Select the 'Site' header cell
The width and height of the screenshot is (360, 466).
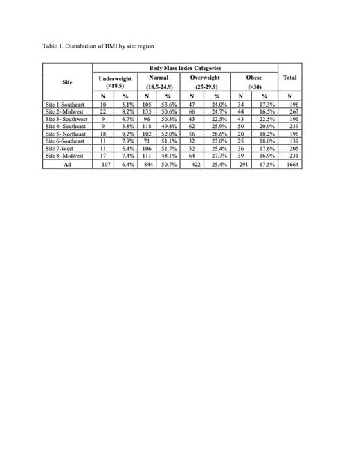(66, 80)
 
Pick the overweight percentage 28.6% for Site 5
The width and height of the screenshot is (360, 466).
(217, 133)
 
